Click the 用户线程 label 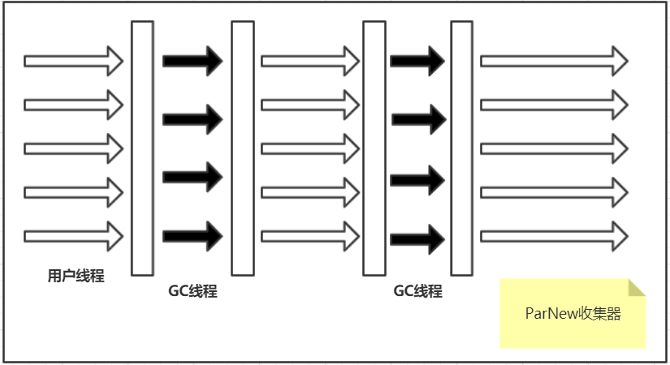(x=76, y=276)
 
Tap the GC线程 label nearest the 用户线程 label (x=192, y=291)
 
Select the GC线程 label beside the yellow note (x=417, y=291)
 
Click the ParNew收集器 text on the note (x=573, y=314)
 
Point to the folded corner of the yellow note (x=636, y=287)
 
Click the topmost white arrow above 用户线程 (x=73, y=61)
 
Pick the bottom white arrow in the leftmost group (x=73, y=236)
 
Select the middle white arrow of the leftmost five (x=73, y=148)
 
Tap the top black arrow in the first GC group (x=192, y=60)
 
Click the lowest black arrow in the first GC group (x=192, y=236)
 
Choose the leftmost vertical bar (x=142, y=148)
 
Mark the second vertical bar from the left (x=243, y=148)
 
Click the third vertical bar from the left (x=374, y=148)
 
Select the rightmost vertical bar (x=461, y=148)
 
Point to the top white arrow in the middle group (x=309, y=61)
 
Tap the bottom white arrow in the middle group (x=309, y=236)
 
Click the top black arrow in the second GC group (x=417, y=61)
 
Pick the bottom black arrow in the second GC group (x=417, y=239)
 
